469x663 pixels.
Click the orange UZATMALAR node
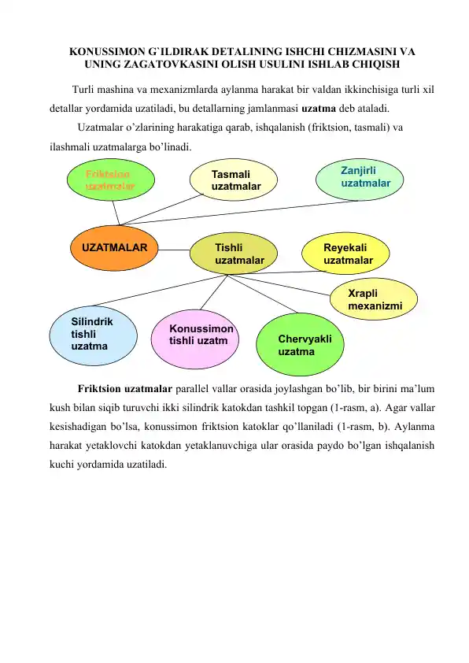click(x=114, y=248)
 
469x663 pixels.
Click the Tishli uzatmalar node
click(x=234, y=254)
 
